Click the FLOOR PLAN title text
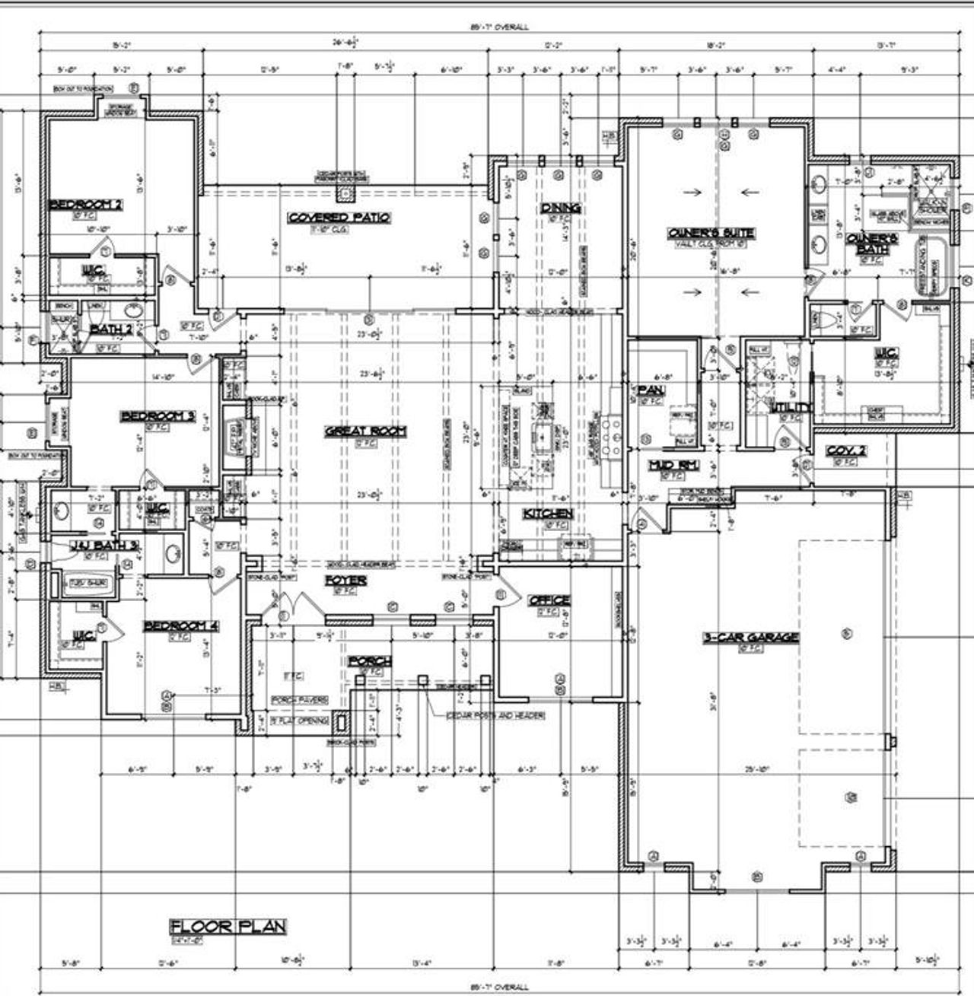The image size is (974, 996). (x=228, y=926)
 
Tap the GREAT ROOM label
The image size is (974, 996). (x=365, y=431)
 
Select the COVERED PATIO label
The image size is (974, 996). (x=339, y=218)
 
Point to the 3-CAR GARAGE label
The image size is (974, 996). (x=750, y=637)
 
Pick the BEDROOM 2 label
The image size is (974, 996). (x=85, y=204)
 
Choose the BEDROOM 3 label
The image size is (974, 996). (x=158, y=416)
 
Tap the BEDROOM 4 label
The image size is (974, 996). (x=182, y=625)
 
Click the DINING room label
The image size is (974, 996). (x=561, y=208)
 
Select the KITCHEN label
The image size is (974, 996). (x=548, y=514)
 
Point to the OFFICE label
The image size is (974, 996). (x=549, y=600)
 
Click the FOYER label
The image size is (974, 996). (x=346, y=581)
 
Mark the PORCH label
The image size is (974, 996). (x=370, y=661)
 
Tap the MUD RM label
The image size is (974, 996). (x=673, y=465)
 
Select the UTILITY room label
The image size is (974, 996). (x=791, y=409)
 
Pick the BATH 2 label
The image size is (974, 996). (x=112, y=329)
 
